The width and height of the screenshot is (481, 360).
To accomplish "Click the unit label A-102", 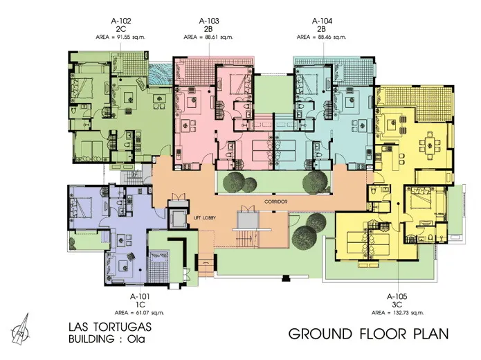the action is pos(121,21).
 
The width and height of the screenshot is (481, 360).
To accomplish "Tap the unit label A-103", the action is pos(209,21).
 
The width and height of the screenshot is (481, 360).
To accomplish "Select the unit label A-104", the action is pos(322,21).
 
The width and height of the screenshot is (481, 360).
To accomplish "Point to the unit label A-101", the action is pos(140,296).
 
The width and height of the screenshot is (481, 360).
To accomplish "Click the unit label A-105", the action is pos(397,296).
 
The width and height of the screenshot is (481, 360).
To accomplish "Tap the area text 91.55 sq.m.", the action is pos(128,37).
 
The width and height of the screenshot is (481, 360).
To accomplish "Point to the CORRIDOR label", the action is pos(275,201).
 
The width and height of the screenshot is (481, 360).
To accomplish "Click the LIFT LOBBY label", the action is pos(205,218).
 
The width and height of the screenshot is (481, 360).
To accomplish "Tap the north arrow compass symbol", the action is pos(21,330).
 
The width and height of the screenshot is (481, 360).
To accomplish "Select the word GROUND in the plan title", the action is pos(320,334).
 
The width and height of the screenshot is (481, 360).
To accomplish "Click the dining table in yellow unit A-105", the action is pos(430,143).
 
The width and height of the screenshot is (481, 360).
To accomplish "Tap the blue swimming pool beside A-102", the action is pos(161,75).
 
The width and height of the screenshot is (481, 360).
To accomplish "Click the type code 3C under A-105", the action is pos(397,305).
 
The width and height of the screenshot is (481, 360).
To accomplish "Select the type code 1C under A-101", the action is pos(140,305).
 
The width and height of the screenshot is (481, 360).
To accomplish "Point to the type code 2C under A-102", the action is pos(121,29).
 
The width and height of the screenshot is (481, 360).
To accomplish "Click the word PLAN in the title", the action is pos(431,334).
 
